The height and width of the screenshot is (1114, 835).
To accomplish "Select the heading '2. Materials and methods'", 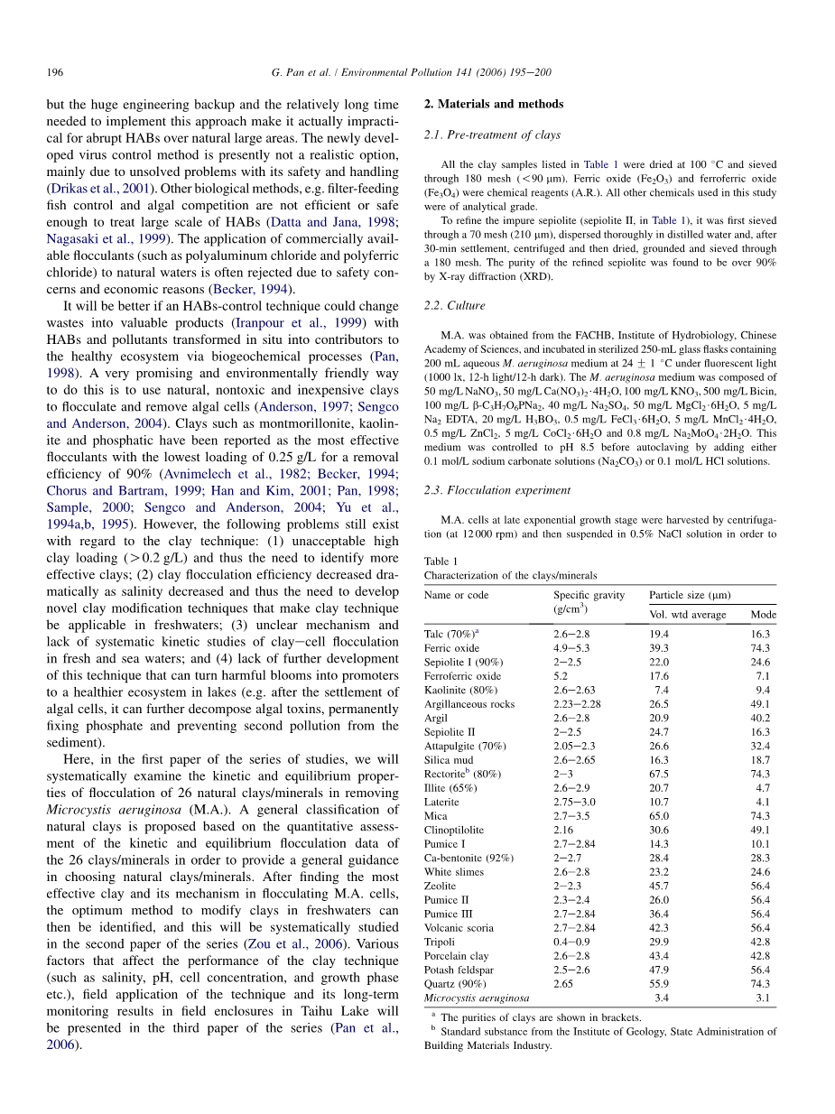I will [x=493, y=104].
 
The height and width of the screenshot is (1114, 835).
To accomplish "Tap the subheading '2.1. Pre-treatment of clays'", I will [x=492, y=135].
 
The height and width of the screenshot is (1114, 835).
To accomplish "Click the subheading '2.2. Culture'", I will [x=454, y=306].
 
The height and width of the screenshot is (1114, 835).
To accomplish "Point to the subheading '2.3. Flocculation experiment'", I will [x=496, y=490].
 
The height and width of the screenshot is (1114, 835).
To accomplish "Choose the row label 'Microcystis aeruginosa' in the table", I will [x=477, y=998].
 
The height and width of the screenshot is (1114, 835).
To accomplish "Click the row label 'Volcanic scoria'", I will [x=459, y=927].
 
